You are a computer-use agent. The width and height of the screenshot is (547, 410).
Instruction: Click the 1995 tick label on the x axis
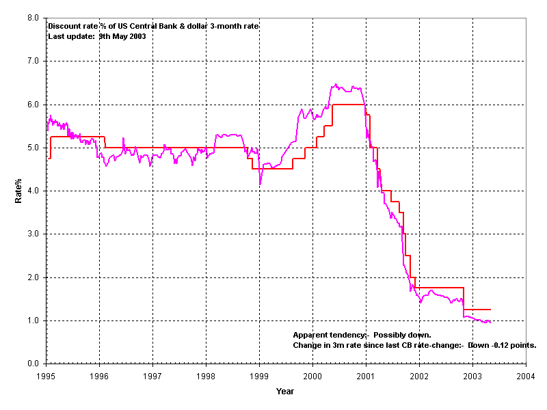coord(46,376)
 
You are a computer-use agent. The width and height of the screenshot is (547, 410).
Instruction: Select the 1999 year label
coord(259,376)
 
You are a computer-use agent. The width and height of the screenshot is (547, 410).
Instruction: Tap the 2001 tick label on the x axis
coord(366,376)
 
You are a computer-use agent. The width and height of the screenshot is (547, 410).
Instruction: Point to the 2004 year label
coord(525,376)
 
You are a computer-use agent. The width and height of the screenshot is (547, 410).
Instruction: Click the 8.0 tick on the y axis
coord(33,18)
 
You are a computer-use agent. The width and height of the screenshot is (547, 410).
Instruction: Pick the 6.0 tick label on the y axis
coord(33,105)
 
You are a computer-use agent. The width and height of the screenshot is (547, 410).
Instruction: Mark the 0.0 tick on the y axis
coord(33,364)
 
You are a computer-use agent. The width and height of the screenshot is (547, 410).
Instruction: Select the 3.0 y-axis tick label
coord(33,234)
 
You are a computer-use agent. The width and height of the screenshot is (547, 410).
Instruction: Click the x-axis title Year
coord(285,392)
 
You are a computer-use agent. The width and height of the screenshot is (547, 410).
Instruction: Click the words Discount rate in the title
coord(72,27)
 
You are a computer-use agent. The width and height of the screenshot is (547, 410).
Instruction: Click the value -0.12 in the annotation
coord(501,345)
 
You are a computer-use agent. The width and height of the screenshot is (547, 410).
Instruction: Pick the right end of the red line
coord(490,310)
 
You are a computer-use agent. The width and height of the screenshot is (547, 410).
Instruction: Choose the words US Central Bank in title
coord(141,27)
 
